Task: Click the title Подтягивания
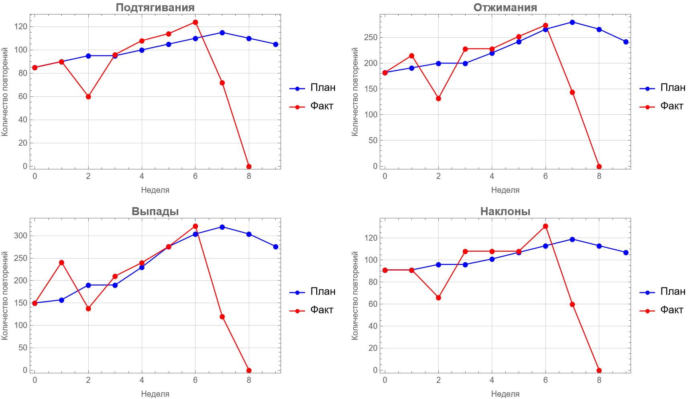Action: coord(155,7)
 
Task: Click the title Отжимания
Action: coord(505,7)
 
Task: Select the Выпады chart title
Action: coord(155,211)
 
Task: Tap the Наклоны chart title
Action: coord(505,211)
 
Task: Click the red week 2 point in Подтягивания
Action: coord(88,97)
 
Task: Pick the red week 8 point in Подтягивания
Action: coord(249,167)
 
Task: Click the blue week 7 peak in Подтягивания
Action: coord(222,33)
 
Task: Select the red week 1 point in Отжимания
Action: coord(411,56)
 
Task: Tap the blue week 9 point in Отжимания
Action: coord(626,42)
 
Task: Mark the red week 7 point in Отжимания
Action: coord(572,92)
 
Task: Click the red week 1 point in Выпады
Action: coord(61,263)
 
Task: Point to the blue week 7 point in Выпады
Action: coord(222,227)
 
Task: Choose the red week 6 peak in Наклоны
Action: coord(545,226)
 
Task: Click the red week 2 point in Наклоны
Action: coord(438,298)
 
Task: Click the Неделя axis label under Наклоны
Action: coord(505,394)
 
